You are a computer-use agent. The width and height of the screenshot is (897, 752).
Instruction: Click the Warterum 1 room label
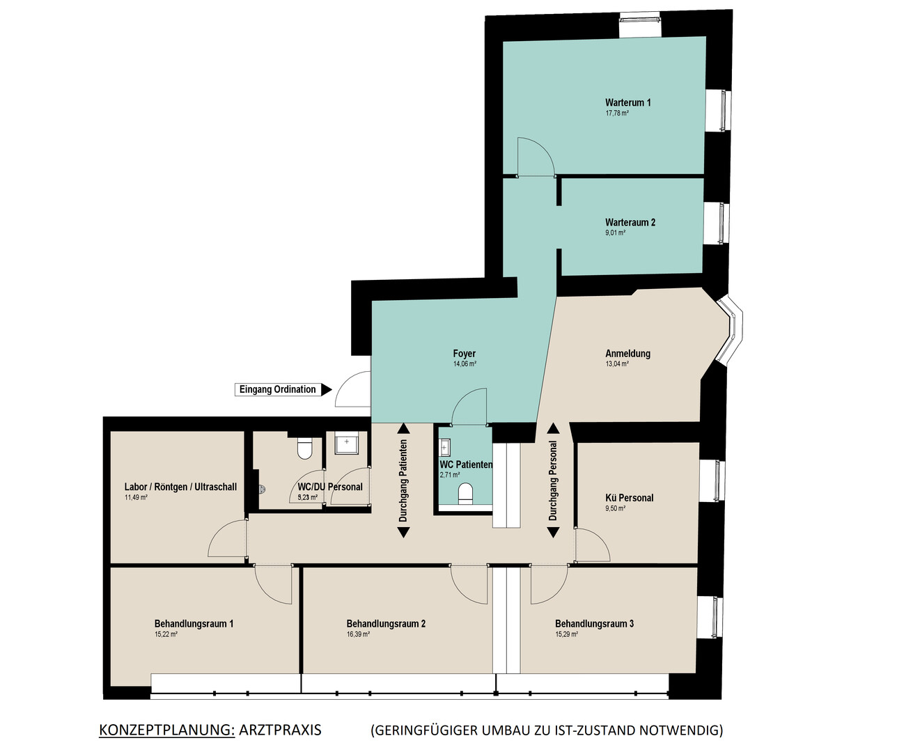coord(627,102)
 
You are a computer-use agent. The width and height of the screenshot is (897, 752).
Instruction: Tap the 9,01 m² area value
coord(615,233)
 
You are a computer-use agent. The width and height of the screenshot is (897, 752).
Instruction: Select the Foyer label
coord(464,354)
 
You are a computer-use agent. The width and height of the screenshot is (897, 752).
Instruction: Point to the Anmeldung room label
coord(627,354)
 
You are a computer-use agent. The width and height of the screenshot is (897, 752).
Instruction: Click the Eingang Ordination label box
coord(277,389)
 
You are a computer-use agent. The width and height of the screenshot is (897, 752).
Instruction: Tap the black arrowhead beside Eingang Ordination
coord(327,389)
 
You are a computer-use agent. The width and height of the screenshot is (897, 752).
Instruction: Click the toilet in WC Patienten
coord(465,493)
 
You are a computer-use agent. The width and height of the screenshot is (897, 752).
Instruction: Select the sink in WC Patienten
coord(444,448)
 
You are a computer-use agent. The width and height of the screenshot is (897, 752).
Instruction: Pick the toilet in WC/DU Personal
coord(304,448)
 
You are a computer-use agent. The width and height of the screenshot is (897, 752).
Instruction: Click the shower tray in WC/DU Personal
coord(346,442)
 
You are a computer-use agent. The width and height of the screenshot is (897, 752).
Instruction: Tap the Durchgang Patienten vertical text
coord(403,480)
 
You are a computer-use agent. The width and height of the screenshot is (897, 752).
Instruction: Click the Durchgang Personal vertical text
coord(553,480)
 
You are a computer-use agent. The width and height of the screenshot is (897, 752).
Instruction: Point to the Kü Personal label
coord(629,498)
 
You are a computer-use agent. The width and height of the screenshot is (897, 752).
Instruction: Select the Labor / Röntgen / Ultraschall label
coord(180,487)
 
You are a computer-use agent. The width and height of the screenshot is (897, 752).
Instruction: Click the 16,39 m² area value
coord(358,634)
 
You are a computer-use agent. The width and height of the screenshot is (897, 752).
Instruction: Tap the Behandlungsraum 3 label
coord(594,624)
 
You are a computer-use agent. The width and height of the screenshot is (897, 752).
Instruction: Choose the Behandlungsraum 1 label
coord(194,624)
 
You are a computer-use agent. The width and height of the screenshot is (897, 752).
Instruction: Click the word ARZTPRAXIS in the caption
coord(280,730)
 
